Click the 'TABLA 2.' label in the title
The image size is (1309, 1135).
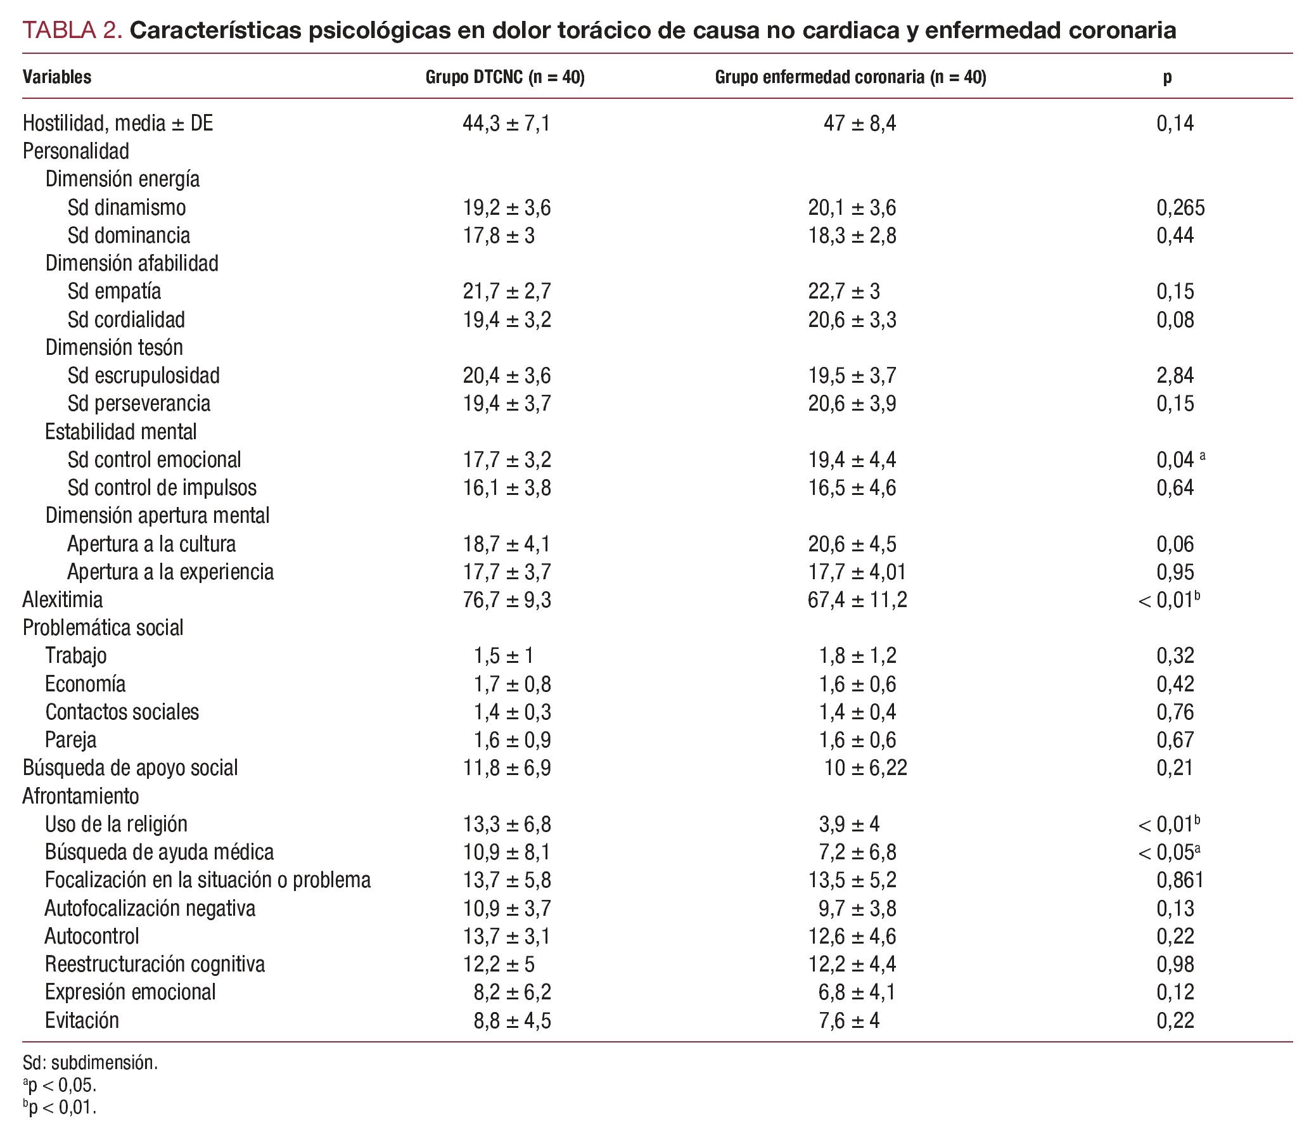[x=72, y=30]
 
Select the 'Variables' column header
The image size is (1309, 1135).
[x=57, y=77]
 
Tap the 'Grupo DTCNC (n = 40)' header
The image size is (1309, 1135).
[x=504, y=77]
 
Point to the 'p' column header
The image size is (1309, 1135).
[x=1167, y=77]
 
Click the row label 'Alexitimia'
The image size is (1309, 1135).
[x=62, y=600]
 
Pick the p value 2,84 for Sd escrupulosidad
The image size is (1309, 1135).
[x=1175, y=375]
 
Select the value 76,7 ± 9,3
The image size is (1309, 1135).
[x=506, y=600]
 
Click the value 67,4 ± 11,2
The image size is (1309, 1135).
[x=857, y=600]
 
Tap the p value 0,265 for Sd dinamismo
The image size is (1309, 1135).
[x=1180, y=207]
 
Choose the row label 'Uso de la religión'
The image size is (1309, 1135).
[x=116, y=824]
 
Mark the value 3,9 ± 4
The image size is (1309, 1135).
[x=849, y=824]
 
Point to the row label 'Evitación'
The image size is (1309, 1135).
[x=82, y=1020]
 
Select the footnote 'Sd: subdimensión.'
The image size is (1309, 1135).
[x=90, y=1063]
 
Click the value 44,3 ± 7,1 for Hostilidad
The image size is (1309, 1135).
[x=506, y=123]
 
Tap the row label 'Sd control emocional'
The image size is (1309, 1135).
[x=154, y=459]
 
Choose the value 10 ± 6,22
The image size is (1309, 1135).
[x=865, y=768]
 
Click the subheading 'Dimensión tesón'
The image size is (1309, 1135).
[x=114, y=347]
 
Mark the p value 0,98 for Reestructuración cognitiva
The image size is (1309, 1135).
[x=1175, y=964]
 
